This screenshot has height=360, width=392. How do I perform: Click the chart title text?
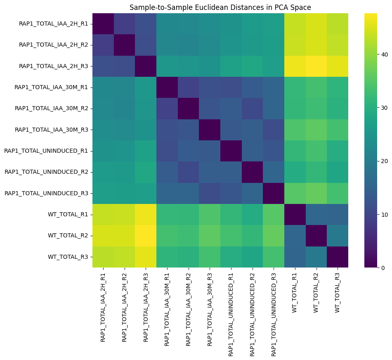(220, 7)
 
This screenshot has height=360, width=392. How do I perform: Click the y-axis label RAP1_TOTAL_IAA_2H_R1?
(54, 24)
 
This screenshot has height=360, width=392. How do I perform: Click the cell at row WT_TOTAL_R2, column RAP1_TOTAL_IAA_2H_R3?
(145, 236)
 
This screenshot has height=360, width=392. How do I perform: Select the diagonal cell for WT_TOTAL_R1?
(295, 214)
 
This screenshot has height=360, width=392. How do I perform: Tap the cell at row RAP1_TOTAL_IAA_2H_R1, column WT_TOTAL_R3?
(337, 24)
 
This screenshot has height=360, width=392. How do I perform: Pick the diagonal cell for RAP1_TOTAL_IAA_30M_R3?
(209, 130)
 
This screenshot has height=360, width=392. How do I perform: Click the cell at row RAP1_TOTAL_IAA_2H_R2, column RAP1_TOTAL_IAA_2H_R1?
(103, 45)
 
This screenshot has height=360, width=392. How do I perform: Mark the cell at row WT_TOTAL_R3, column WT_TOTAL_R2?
(316, 257)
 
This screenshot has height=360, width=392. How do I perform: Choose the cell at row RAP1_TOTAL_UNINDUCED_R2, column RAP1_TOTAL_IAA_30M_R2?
(188, 172)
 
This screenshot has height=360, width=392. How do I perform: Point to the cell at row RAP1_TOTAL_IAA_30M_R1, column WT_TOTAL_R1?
(295, 87)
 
